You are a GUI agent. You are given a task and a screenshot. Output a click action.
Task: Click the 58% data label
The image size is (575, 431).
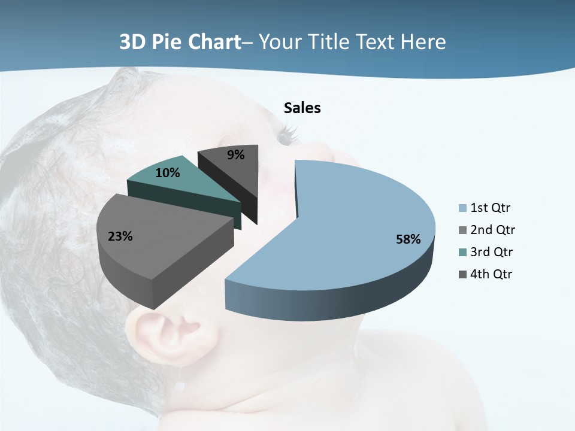(x=408, y=239)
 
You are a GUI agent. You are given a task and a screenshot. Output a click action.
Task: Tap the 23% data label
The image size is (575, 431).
(x=120, y=236)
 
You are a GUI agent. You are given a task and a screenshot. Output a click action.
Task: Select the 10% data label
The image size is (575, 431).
(x=167, y=173)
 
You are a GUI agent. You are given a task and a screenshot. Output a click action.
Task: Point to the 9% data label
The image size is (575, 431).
(x=236, y=155)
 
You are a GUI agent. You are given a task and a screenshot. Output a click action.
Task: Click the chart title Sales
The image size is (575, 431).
(x=302, y=108)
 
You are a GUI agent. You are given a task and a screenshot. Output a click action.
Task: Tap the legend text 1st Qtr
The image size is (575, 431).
(x=491, y=208)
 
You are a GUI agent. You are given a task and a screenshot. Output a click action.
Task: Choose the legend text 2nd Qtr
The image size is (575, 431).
(x=492, y=230)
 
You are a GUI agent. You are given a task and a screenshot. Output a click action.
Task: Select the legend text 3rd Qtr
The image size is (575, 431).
(x=492, y=252)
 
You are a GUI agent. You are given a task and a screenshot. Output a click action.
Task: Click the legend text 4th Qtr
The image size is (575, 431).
(x=492, y=274)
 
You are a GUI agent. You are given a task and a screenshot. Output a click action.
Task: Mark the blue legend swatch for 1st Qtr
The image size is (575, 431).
(x=462, y=208)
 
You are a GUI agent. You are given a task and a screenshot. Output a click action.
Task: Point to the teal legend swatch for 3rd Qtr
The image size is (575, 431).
(x=462, y=252)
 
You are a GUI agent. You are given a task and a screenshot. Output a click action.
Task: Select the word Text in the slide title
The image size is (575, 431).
(x=377, y=42)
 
